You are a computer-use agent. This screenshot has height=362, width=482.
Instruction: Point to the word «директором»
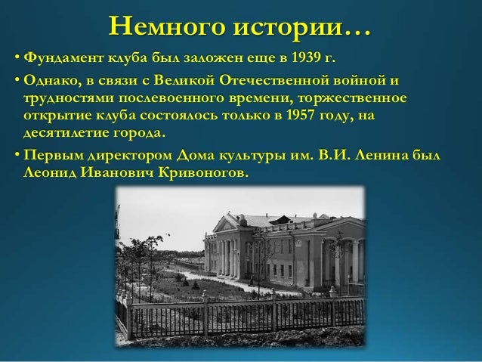(x=126, y=156)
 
